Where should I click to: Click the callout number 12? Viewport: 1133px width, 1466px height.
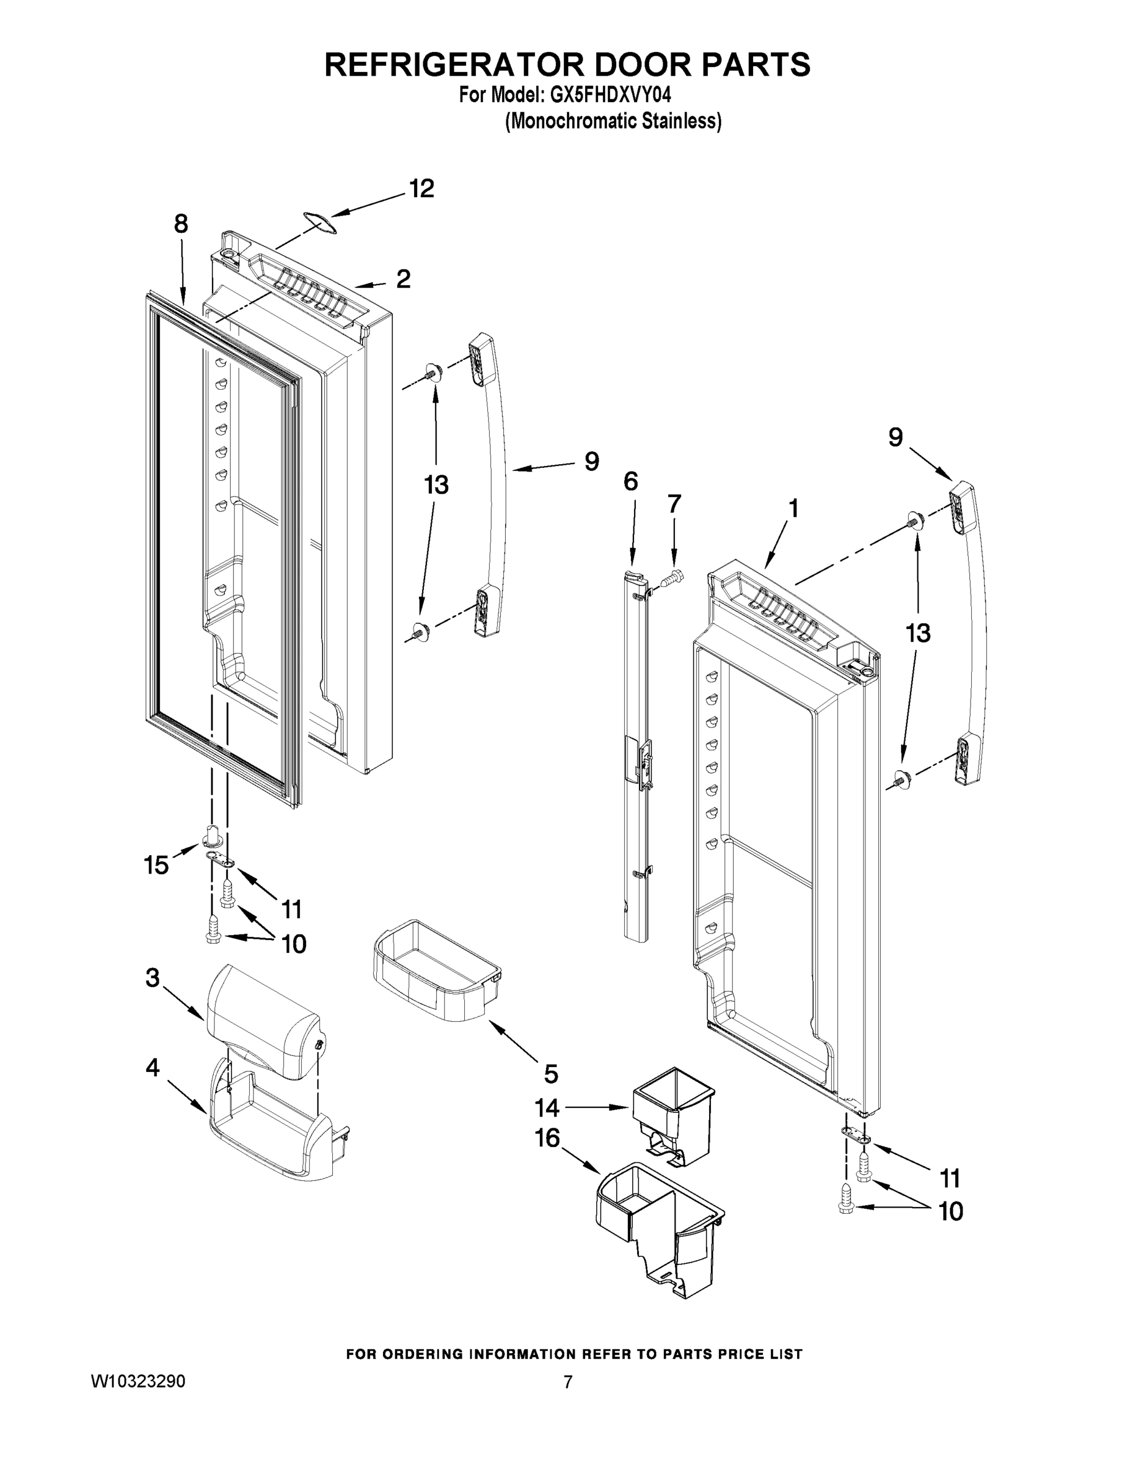421,189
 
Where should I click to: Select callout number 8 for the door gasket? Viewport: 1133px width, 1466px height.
181,225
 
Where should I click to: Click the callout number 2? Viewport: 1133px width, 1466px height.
403,279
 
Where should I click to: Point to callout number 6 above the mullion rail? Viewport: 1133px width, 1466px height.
630,481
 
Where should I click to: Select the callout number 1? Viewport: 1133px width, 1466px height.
793,509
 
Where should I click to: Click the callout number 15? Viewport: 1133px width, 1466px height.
156,865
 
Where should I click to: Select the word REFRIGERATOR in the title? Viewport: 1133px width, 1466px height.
444,64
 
